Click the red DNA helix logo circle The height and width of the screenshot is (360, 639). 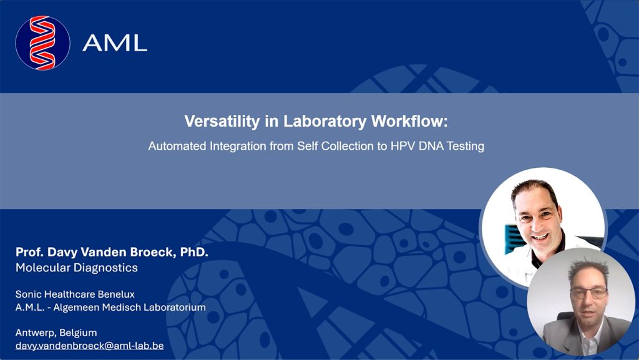click(x=42, y=43)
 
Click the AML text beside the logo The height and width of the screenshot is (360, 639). click(x=115, y=43)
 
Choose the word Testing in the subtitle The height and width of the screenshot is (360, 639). click(x=466, y=146)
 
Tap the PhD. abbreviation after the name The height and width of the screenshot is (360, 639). click(x=194, y=252)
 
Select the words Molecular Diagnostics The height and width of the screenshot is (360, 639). click(x=77, y=268)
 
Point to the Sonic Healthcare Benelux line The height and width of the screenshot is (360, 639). click(x=75, y=294)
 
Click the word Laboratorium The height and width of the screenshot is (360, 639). click(x=178, y=307)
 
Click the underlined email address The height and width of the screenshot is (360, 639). click(x=90, y=346)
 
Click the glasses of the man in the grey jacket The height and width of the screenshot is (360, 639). click(x=589, y=293)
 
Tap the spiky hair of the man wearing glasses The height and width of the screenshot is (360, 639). click(x=588, y=268)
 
